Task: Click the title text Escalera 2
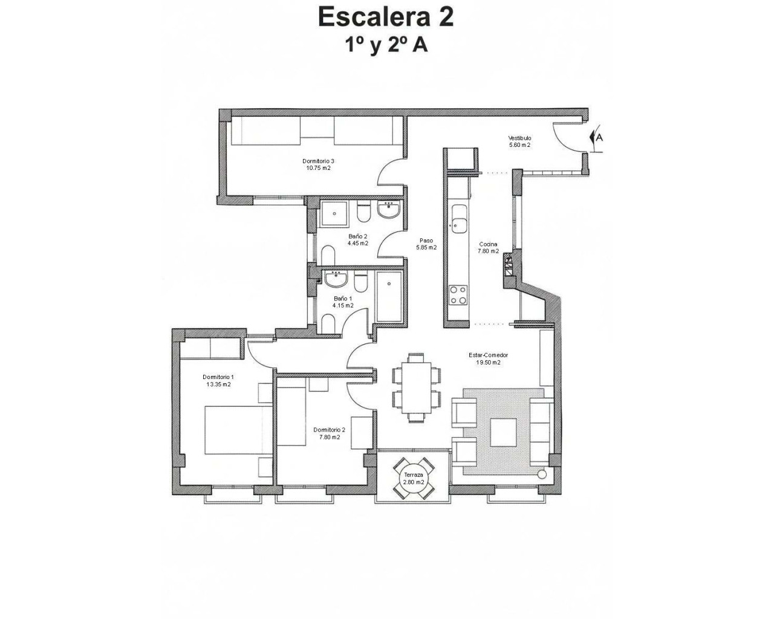pos(386,17)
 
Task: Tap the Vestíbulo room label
pos(519,138)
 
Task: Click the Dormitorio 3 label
pos(318,161)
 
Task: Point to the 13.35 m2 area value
pos(218,384)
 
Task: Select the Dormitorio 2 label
pos(329,430)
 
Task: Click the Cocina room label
pos(488,244)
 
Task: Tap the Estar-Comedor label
pos(488,355)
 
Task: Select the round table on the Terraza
pos(414,478)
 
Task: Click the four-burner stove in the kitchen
pos(458,295)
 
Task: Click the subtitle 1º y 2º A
pos(386,45)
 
